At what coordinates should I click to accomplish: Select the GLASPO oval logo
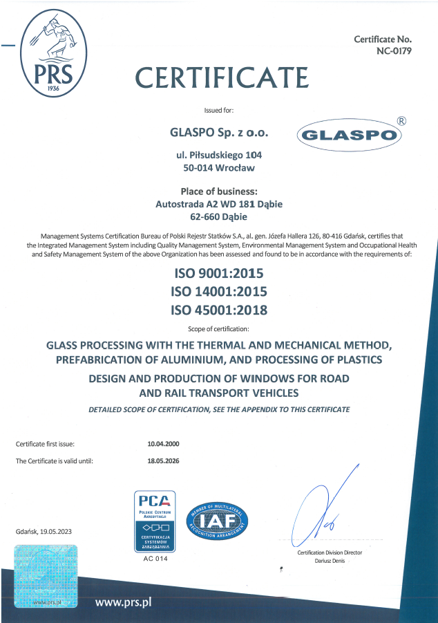(x=350, y=136)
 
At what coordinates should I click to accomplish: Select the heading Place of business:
(x=219, y=191)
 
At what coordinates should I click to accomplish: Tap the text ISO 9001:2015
(x=219, y=273)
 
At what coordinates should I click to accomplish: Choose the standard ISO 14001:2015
(x=219, y=291)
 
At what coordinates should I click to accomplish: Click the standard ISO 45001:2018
(x=219, y=310)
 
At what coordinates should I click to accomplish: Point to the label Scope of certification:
(x=219, y=328)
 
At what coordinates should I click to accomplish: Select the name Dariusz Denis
(x=330, y=561)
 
